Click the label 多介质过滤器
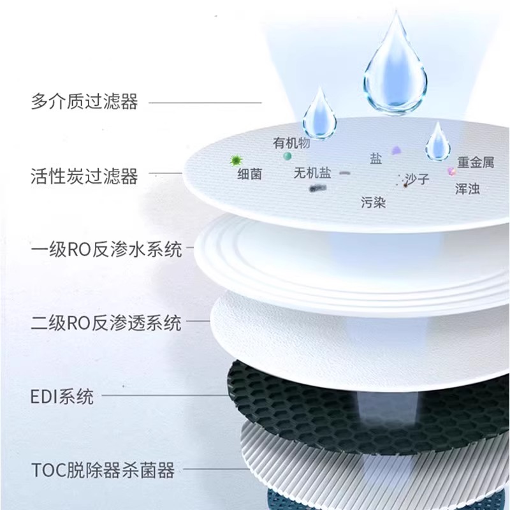pyautogui.click(x=84, y=102)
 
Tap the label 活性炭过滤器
pyautogui.click(x=84, y=175)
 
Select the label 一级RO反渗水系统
pyautogui.click(x=106, y=249)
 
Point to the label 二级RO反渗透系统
pyautogui.click(x=106, y=323)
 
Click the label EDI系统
pyautogui.click(x=62, y=397)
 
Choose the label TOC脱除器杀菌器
pyautogui.click(x=102, y=471)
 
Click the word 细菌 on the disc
pyautogui.click(x=249, y=174)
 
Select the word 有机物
pyautogui.click(x=291, y=143)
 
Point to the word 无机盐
pyautogui.click(x=312, y=173)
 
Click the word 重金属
pyautogui.click(x=476, y=163)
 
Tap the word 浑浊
pyautogui.click(x=468, y=189)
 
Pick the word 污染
pyautogui.click(x=373, y=203)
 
